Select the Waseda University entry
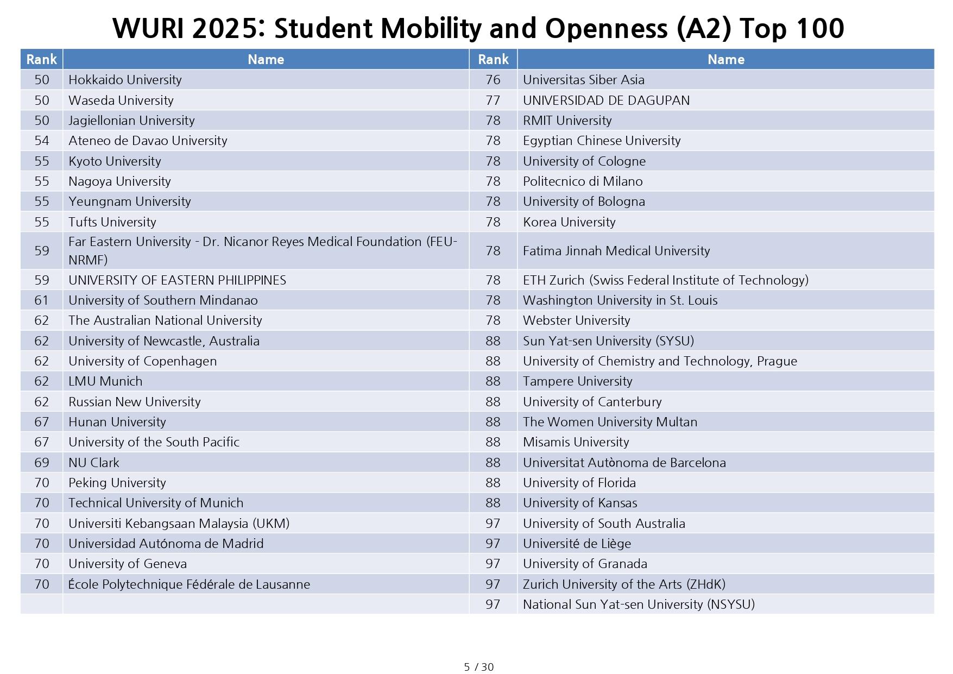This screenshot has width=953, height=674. click(121, 100)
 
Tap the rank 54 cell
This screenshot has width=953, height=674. click(42, 141)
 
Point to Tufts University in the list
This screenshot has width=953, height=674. click(112, 222)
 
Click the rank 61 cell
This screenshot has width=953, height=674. click(42, 300)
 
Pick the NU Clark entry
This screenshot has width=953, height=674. click(94, 463)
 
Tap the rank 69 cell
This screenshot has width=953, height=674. click(42, 463)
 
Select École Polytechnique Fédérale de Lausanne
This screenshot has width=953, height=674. click(189, 584)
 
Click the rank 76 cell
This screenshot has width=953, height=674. click(493, 80)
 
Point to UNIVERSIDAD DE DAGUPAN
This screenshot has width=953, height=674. click(606, 100)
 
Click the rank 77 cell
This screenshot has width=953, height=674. click(493, 100)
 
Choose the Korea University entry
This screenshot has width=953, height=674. click(569, 222)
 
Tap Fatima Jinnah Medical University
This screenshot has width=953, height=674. click(616, 251)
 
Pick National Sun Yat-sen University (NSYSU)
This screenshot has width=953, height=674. click(639, 604)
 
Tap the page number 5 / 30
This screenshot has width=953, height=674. click(479, 667)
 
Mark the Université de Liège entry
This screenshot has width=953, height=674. click(577, 544)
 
